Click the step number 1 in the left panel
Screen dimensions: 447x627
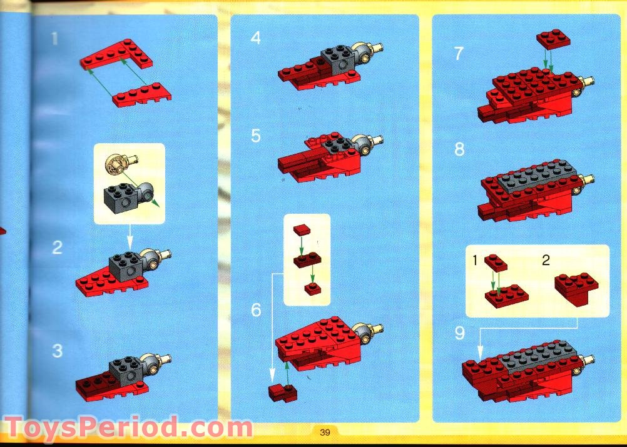click(x=54, y=39)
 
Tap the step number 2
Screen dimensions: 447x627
click(x=57, y=248)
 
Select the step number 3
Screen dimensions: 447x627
click(x=57, y=351)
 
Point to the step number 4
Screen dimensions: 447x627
click(x=255, y=39)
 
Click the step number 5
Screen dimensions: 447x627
click(x=255, y=136)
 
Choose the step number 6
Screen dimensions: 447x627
click(x=256, y=310)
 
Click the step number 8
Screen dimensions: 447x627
click(x=460, y=150)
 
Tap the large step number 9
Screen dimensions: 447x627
click(x=460, y=333)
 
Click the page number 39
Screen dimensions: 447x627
click(x=325, y=432)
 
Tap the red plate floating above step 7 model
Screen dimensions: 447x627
click(x=553, y=40)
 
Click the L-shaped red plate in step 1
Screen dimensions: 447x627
click(x=122, y=56)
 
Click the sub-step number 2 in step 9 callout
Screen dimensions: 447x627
click(x=546, y=259)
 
